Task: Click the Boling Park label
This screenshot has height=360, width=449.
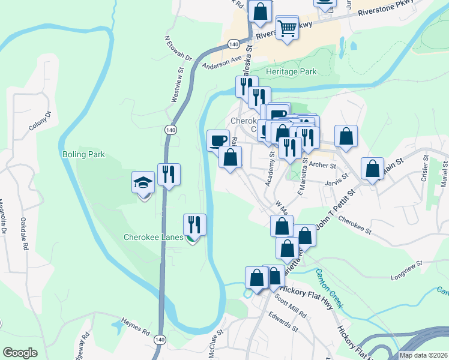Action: (83, 154)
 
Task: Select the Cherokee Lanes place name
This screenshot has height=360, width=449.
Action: (153, 237)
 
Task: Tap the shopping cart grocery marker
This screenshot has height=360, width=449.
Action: (288, 27)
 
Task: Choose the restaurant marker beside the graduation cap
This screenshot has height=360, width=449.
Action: (169, 175)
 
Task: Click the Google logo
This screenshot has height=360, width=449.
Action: (20, 353)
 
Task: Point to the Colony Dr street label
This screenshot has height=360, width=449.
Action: (40, 121)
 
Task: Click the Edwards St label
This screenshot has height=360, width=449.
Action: (283, 323)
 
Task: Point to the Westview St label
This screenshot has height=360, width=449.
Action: (178, 87)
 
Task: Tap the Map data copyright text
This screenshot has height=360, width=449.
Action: (423, 355)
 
